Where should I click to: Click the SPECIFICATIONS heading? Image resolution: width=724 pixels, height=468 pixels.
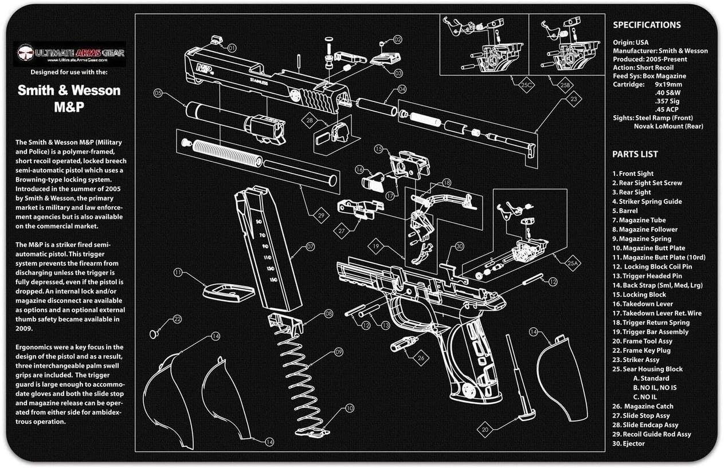(x=647, y=25)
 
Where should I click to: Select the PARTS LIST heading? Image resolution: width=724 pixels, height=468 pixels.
(x=635, y=154)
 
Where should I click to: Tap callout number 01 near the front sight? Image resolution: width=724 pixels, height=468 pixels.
(x=232, y=49)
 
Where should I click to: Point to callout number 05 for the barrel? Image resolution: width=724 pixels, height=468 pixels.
(x=158, y=92)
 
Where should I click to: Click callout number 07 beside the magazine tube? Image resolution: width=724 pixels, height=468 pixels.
(x=310, y=247)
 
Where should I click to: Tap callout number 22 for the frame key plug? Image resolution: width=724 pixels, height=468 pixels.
(x=177, y=319)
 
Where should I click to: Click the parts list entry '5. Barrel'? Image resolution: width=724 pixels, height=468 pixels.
(x=625, y=211)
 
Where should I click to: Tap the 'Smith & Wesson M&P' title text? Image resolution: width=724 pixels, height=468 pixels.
(x=69, y=98)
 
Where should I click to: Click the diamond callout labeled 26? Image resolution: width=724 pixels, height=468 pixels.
(x=422, y=359)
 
